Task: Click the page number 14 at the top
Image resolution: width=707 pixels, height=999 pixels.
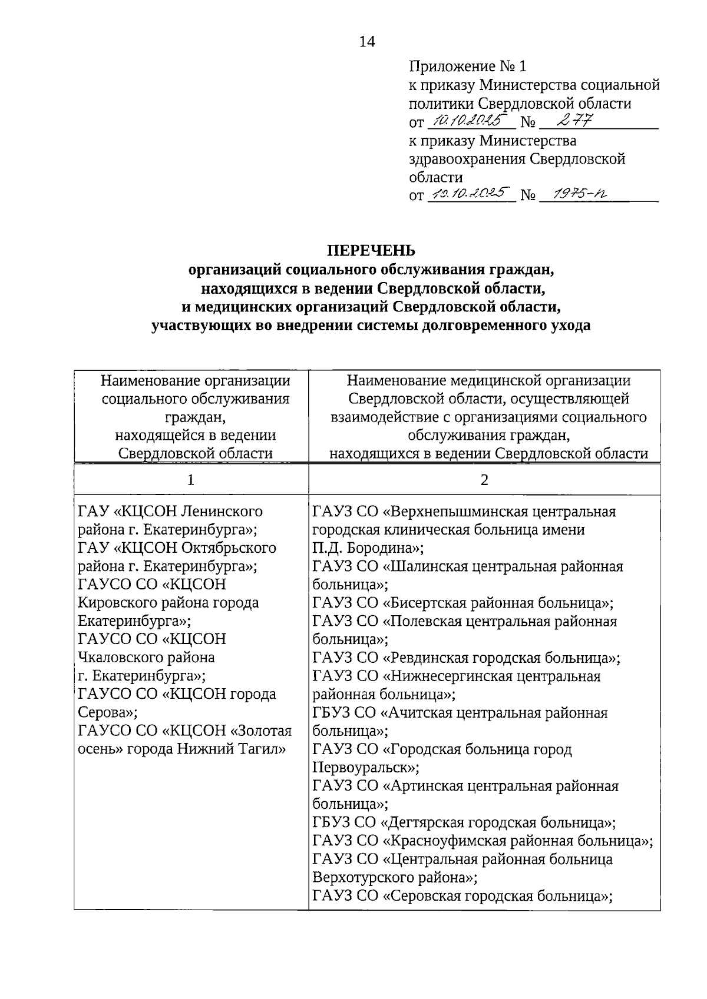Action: (366, 42)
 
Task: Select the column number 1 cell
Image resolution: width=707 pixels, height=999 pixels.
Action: (190, 480)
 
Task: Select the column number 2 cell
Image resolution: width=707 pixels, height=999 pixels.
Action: (484, 480)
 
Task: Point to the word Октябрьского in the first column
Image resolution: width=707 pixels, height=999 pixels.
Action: (229, 548)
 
